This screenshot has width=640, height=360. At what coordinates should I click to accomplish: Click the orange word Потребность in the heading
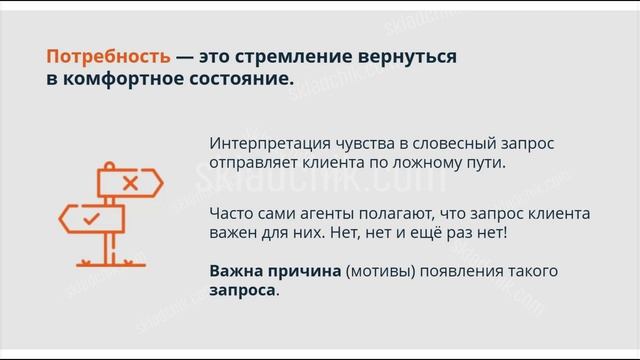107,57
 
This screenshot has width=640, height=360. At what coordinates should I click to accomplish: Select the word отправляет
254,162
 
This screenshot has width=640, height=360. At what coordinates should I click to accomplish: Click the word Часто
232,214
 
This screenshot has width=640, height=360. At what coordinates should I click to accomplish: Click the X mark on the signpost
129,183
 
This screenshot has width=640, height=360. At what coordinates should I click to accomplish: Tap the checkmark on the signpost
91,217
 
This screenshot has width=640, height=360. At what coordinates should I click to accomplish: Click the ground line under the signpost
111,265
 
